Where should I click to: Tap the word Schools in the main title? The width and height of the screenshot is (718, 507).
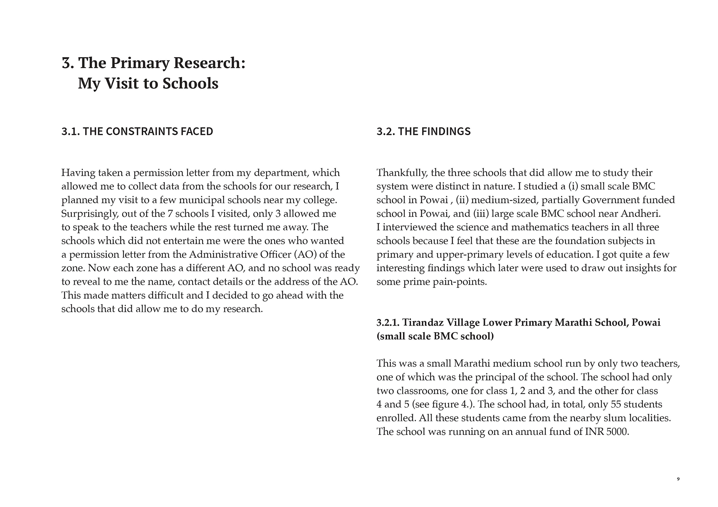tap(190, 84)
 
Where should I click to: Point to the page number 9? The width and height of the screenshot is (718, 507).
tap(678, 479)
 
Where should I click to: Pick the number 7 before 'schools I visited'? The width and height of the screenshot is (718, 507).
tap(170, 214)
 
